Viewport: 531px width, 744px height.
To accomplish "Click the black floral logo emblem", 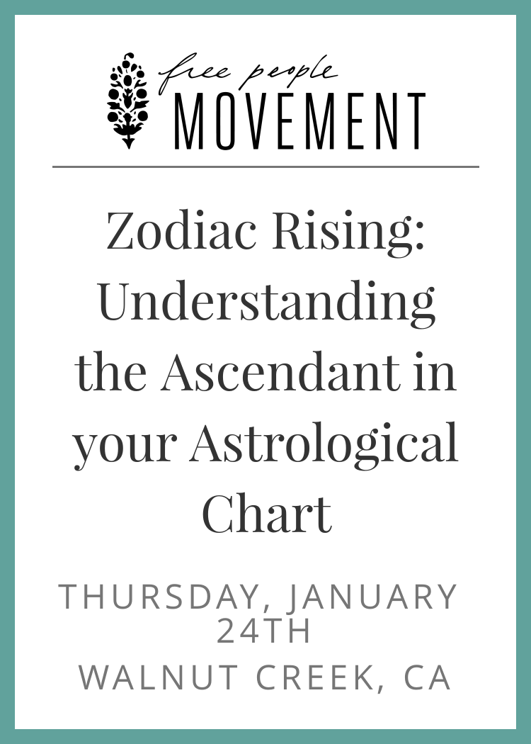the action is tap(127, 100).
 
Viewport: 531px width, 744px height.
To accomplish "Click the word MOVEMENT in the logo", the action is tap(299, 121).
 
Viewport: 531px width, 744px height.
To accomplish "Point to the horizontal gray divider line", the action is tap(265, 167).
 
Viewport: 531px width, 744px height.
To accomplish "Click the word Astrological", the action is tap(324, 444).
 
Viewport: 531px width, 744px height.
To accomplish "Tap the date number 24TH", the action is tap(263, 631).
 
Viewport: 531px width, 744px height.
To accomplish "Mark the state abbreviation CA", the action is tap(427, 677).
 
